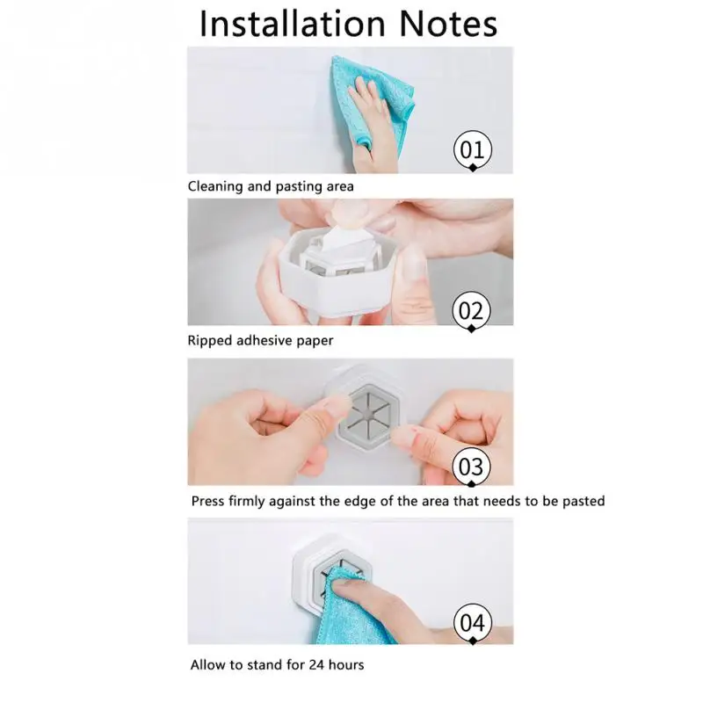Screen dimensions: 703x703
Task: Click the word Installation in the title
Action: coord(293,24)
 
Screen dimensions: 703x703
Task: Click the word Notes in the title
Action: coord(448,24)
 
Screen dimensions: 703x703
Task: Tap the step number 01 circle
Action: coord(473,149)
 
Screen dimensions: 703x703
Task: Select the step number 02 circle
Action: coord(471,311)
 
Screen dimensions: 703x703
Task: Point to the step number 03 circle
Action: coord(471,467)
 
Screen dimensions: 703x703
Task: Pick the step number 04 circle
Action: coord(473,623)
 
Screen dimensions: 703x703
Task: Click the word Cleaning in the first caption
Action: coord(215,186)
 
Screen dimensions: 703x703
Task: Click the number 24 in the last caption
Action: coord(316,664)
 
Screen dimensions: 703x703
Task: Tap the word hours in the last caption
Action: coord(346,664)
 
